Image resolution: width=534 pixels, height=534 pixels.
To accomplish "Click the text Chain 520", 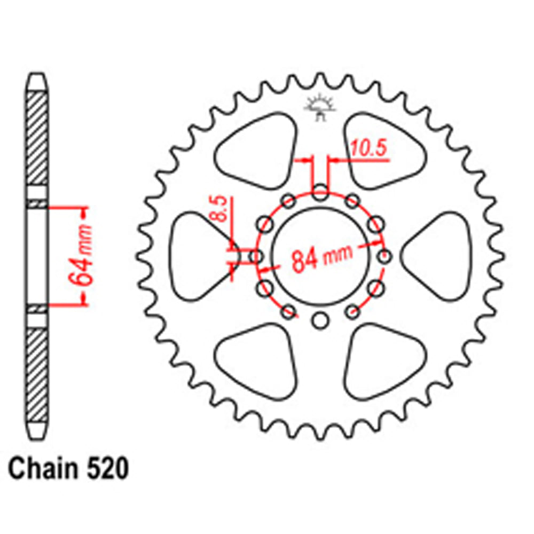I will coord(68,469).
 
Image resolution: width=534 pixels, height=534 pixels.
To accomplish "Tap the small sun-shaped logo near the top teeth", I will coord(319,107).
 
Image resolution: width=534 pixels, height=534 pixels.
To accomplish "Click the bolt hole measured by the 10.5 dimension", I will coord(319,194).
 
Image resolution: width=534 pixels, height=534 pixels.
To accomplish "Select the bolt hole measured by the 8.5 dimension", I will coord(257,257).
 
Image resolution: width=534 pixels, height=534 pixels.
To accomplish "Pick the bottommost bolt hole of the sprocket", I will coord(319,320).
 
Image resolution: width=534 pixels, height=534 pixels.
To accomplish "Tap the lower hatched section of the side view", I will coord(37,374).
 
